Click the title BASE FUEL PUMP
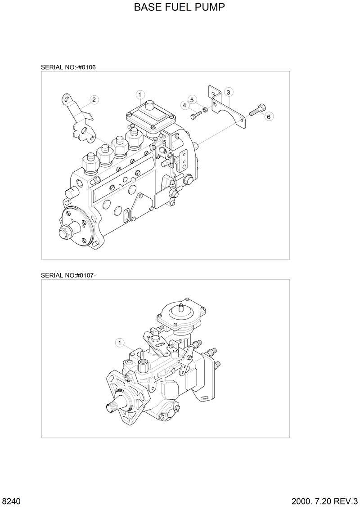click(180, 8)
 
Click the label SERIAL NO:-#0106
click(68, 67)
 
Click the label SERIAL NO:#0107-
click(68, 275)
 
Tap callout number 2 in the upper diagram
click(94, 100)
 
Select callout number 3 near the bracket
click(228, 92)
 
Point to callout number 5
click(192, 99)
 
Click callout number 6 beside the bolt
click(269, 116)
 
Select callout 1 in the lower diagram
click(120, 343)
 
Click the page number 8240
click(11, 501)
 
